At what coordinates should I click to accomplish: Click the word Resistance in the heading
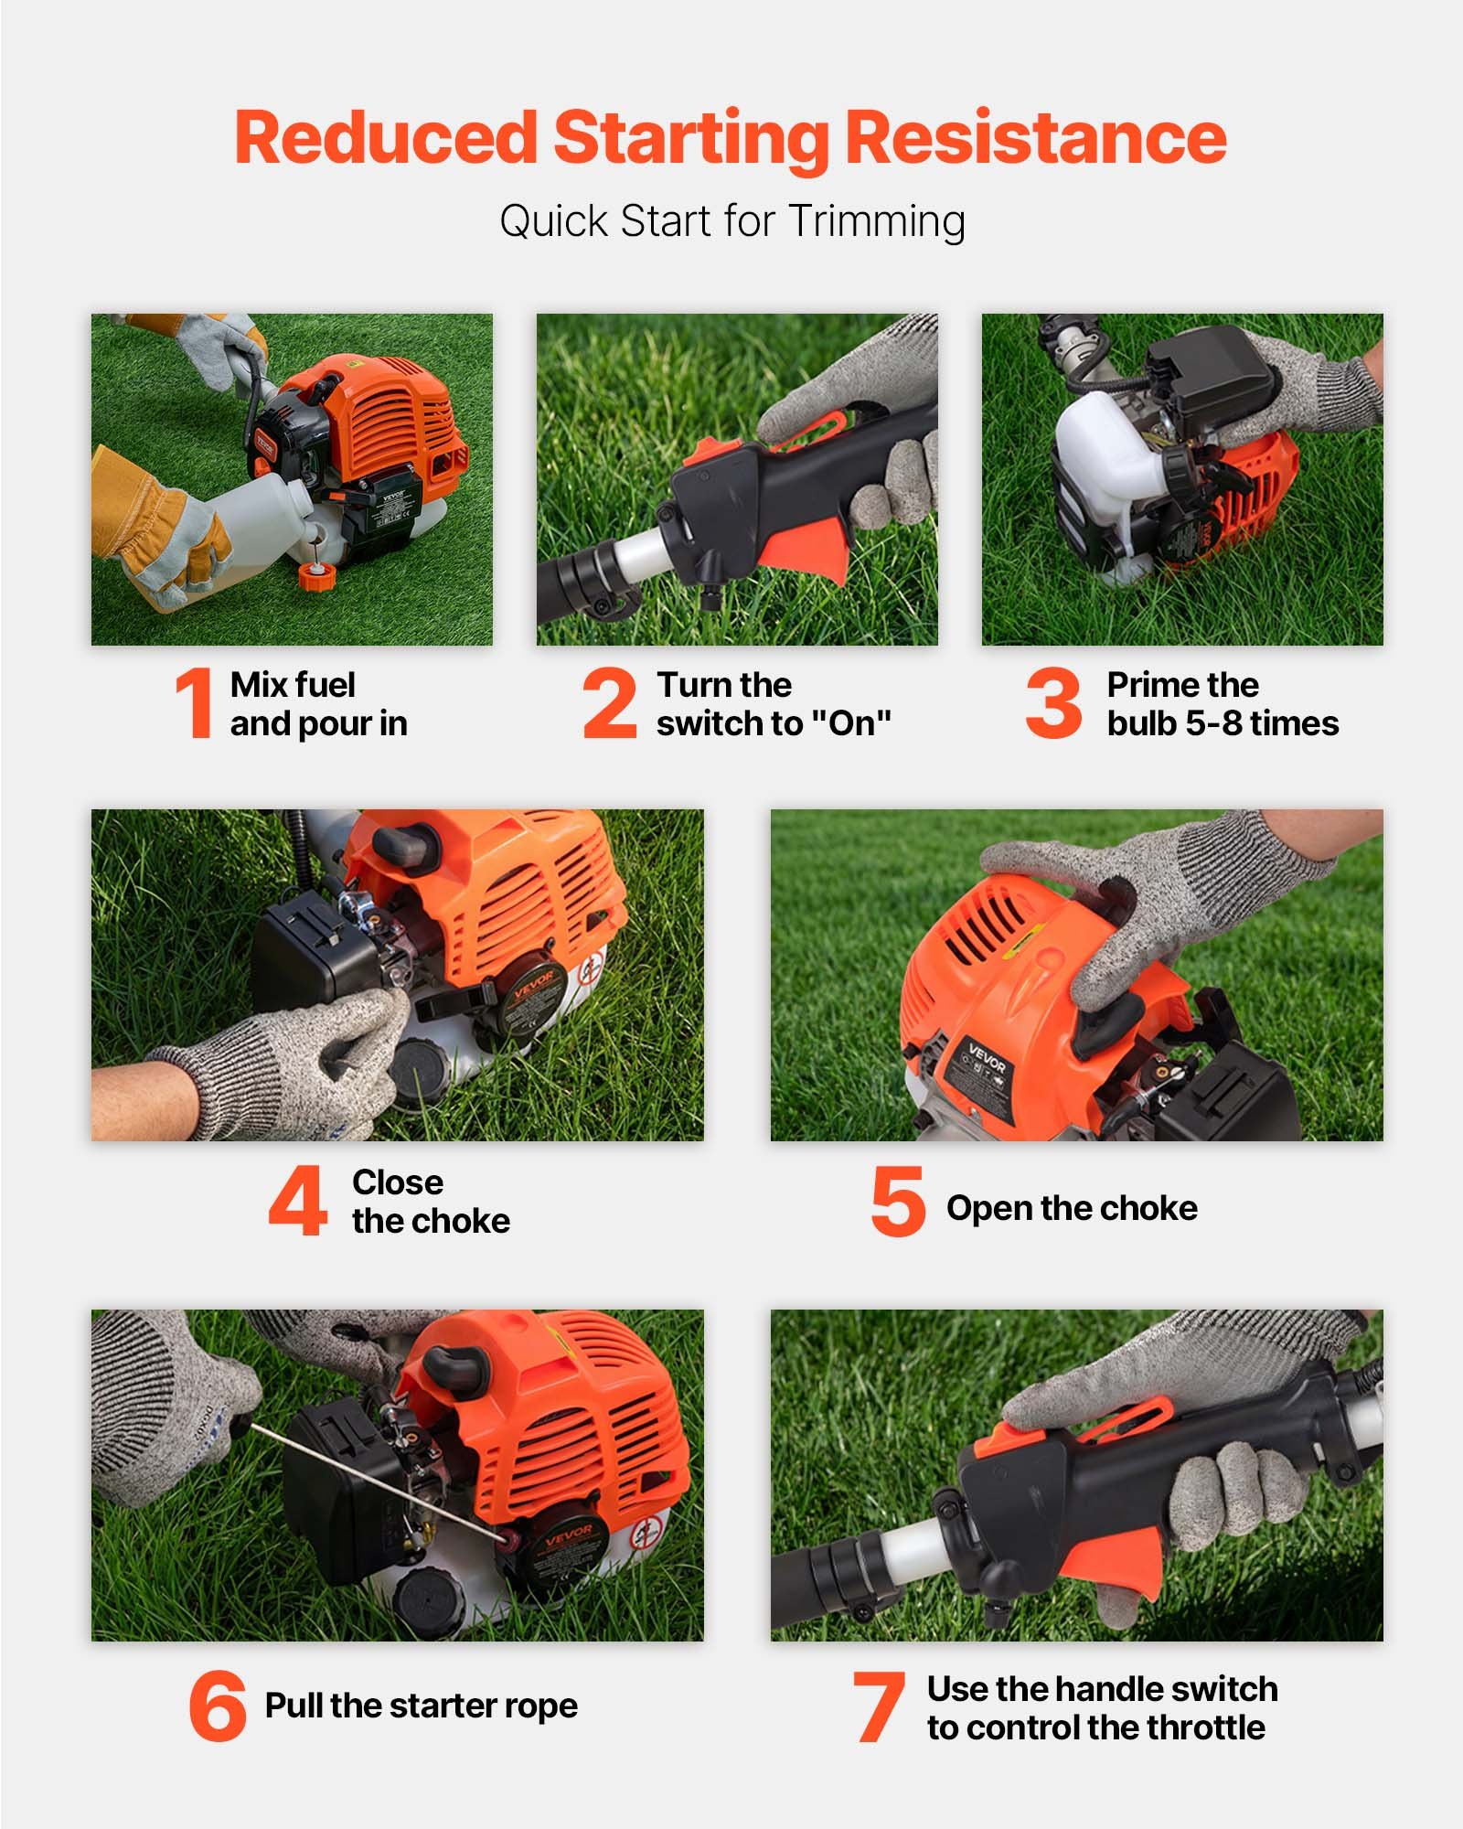pyautogui.click(x=1034, y=137)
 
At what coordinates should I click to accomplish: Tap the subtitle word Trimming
pyautogui.click(x=876, y=221)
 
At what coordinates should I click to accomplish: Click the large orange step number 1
pyautogui.click(x=195, y=702)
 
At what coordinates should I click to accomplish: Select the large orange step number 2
pyautogui.click(x=610, y=702)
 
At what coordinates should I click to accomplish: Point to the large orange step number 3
pyautogui.click(x=1053, y=702)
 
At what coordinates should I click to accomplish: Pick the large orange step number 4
pyautogui.click(x=298, y=1201)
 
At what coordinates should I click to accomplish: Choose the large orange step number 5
pyautogui.click(x=899, y=1201)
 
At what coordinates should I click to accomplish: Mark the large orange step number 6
pyautogui.click(x=218, y=1705)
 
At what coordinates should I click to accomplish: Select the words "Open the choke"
pyautogui.click(x=1072, y=1208)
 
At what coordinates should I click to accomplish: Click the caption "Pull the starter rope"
pyautogui.click(x=422, y=1706)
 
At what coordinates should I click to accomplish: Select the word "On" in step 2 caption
pyautogui.click(x=851, y=723)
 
